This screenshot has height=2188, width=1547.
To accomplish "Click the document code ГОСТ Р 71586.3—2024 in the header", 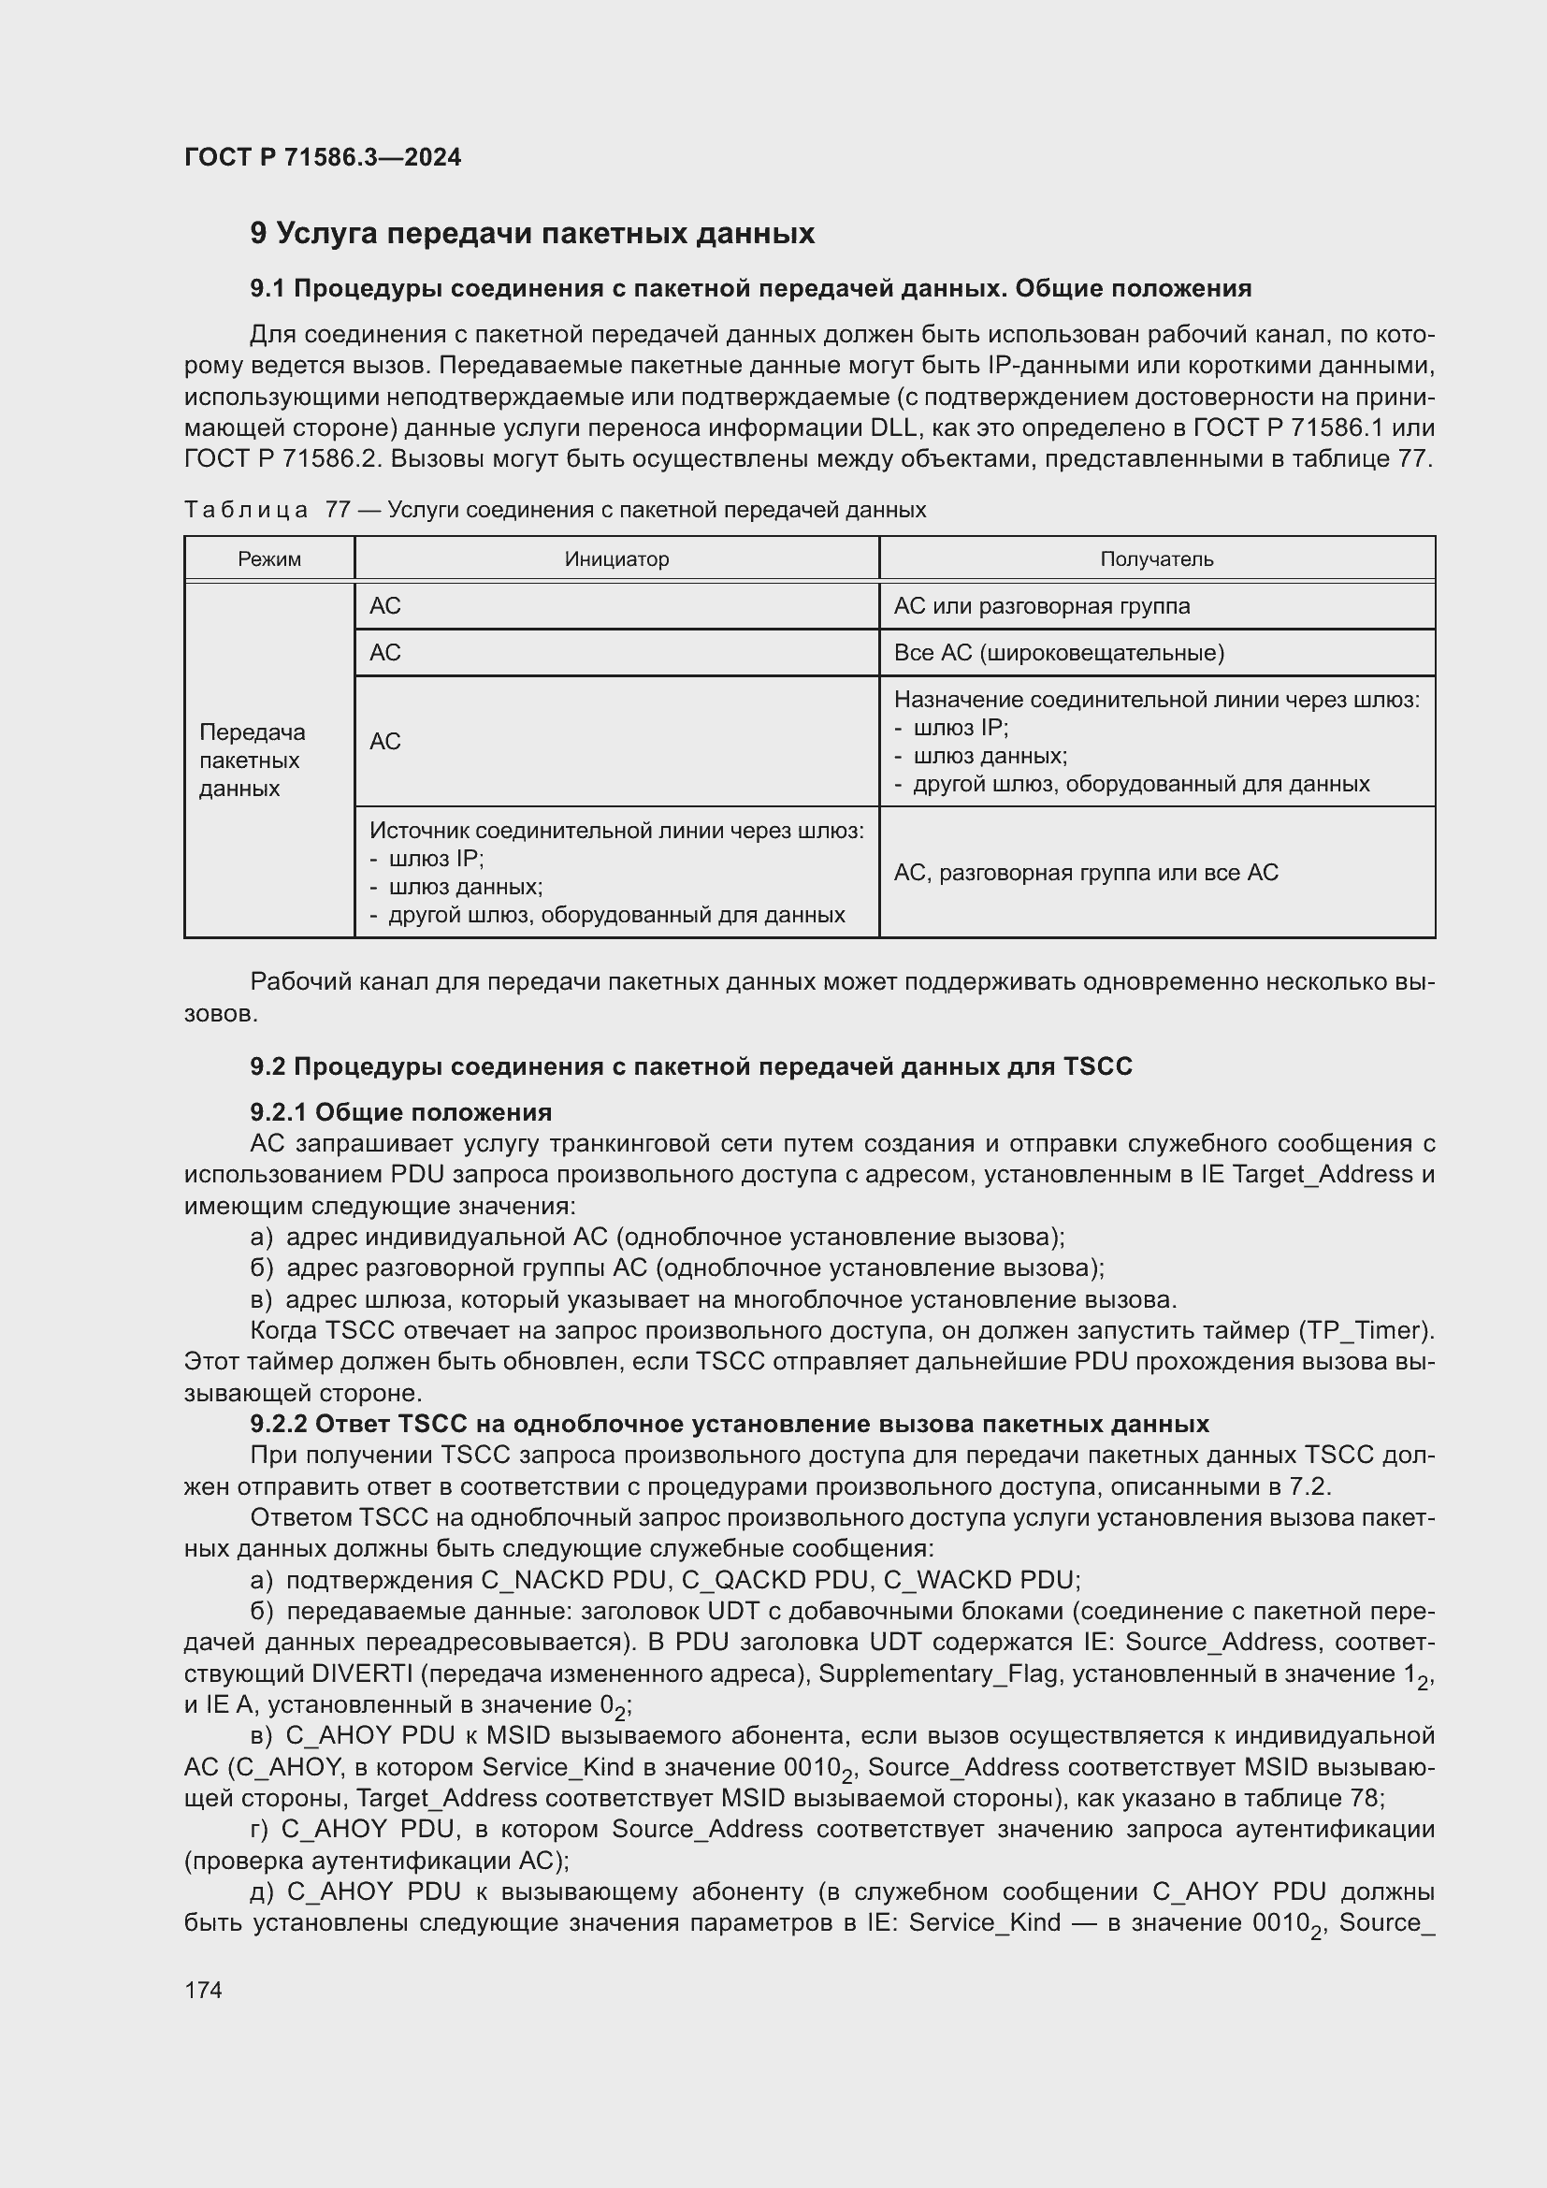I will pyautogui.click(x=322, y=157).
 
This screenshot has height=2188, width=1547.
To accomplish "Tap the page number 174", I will pyautogui.click(x=203, y=1990).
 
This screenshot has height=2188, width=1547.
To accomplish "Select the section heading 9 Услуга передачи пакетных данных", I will pyautogui.click(x=531, y=234).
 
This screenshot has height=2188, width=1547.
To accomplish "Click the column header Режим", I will pyautogui.click(x=268, y=559).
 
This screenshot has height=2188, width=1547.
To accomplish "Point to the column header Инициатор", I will pyautogui.click(x=616, y=559).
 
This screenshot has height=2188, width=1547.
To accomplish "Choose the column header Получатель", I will pyautogui.click(x=1156, y=559).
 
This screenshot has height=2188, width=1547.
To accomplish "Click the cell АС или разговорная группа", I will pyautogui.click(x=1041, y=606).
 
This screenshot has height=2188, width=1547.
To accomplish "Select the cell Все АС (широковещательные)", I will pyautogui.click(x=1059, y=653).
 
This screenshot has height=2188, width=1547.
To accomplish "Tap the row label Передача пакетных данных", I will pyautogui.click(x=252, y=761).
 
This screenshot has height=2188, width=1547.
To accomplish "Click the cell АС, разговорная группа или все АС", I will pyautogui.click(x=1085, y=873).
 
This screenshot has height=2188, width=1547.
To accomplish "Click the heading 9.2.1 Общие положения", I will pyautogui.click(x=400, y=1112).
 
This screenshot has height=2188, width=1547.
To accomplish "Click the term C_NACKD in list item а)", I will pyautogui.click(x=542, y=1580).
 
